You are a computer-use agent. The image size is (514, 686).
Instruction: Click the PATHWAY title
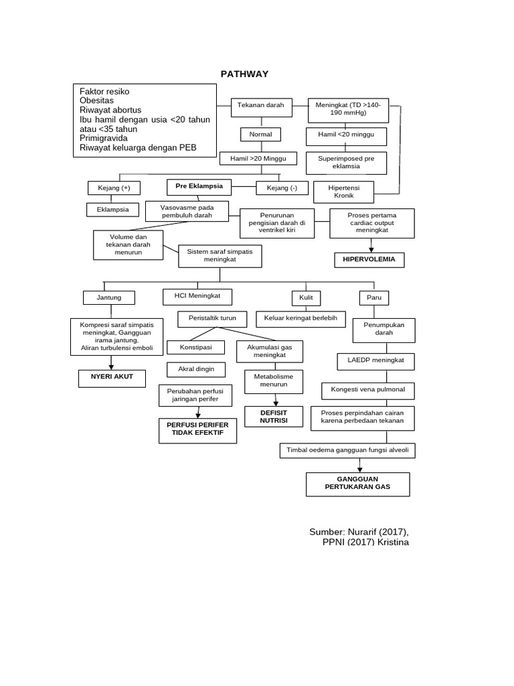click(244, 74)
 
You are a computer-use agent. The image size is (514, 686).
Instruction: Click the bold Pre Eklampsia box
click(199, 186)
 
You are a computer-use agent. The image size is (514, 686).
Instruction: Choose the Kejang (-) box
click(282, 188)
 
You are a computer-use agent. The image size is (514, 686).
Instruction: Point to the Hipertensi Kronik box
click(343, 192)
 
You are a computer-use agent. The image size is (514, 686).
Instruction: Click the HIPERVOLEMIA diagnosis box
click(369, 259)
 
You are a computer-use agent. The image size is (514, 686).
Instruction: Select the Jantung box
click(110, 297)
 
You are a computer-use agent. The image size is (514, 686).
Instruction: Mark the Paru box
click(370, 297)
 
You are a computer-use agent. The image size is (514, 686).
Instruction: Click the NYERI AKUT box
click(112, 378)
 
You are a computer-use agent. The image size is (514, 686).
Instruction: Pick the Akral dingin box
click(195, 369)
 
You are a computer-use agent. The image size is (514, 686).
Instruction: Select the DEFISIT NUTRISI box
click(265, 417)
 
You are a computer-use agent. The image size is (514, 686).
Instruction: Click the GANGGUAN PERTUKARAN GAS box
click(358, 484)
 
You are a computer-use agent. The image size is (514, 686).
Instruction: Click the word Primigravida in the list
click(104, 138)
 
